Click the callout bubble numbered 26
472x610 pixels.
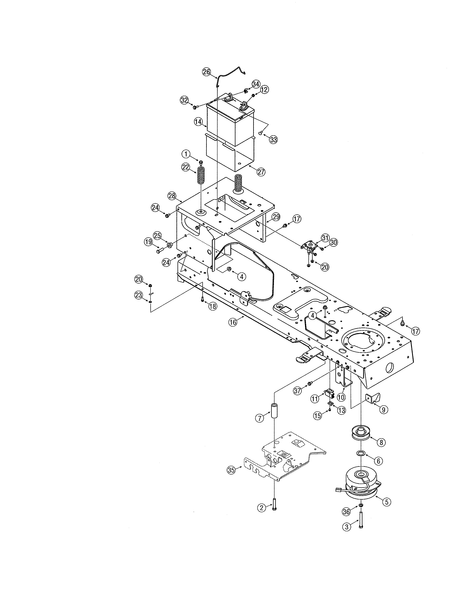coord(206,72)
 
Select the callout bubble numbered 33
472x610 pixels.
coord(273,140)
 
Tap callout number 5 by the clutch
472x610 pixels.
coord(386,502)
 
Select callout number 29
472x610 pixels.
coord(276,217)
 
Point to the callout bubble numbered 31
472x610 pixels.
coord(325,238)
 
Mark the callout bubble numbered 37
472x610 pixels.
coord(297,390)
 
